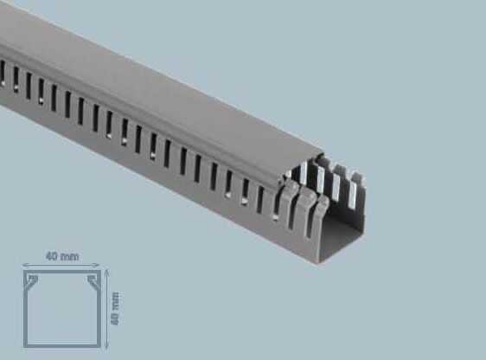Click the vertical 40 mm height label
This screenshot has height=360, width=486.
point(116,307)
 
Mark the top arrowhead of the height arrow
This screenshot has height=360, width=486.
point(106,271)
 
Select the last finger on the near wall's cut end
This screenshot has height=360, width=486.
point(324,216)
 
